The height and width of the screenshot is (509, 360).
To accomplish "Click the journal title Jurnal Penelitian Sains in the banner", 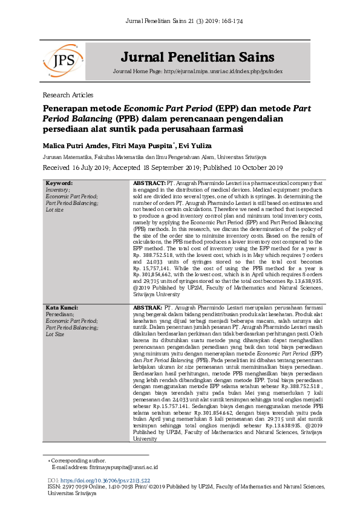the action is tap(198, 57).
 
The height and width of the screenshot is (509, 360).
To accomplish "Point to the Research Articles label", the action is tap(68, 96).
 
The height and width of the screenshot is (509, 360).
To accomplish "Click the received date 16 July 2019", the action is tap(100, 167).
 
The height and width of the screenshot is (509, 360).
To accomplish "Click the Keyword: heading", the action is tap(59, 183).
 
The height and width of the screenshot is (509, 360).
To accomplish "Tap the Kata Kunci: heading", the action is tap(62, 308).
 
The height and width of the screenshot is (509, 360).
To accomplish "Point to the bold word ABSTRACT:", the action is tap(149, 183).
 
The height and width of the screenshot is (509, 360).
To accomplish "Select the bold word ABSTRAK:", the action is tap(148, 308).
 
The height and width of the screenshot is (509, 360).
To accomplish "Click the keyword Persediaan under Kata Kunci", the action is tap(59, 314).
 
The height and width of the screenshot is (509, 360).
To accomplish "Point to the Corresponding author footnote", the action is tap(79, 461).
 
